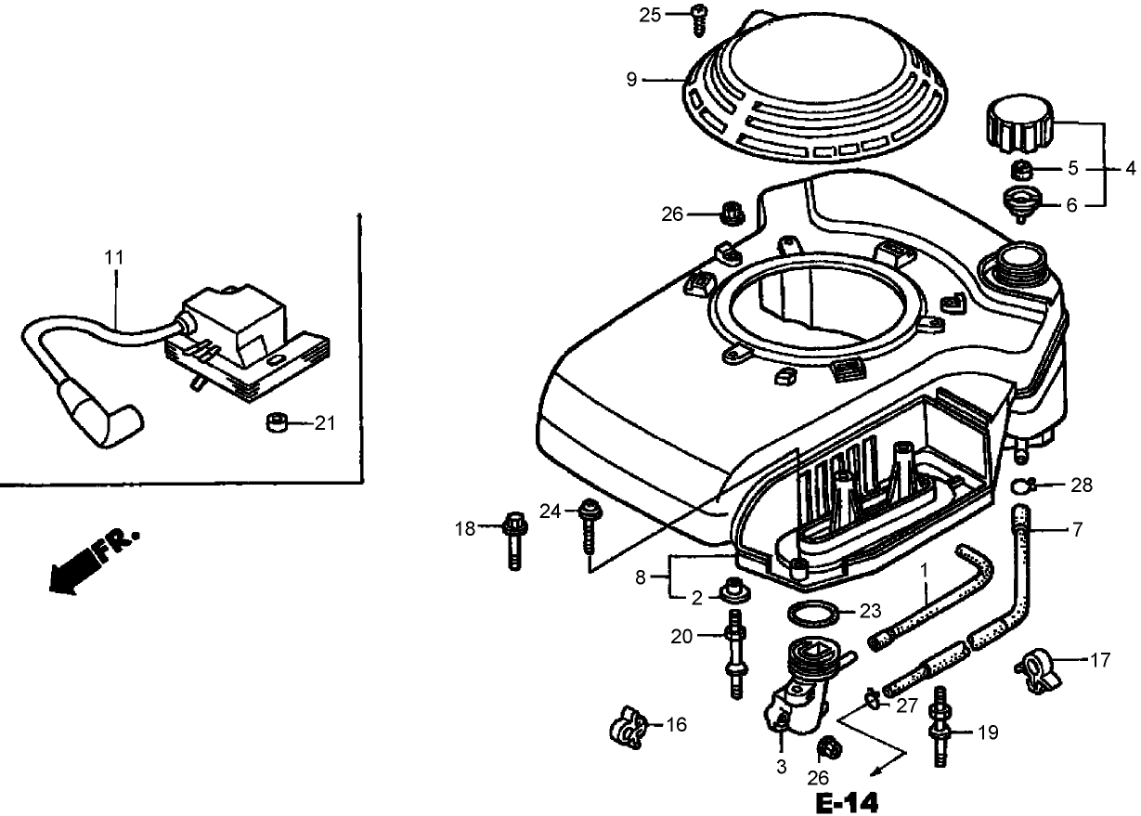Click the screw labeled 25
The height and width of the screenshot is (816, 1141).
click(698, 19)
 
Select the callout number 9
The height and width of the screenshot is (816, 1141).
click(631, 80)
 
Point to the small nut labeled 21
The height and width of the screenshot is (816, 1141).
click(275, 424)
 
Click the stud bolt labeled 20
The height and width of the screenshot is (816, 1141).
click(735, 654)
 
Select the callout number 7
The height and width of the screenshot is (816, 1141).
click(1077, 530)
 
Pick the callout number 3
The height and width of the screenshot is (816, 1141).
click(781, 768)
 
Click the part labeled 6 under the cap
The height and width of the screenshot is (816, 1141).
click(1020, 202)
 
